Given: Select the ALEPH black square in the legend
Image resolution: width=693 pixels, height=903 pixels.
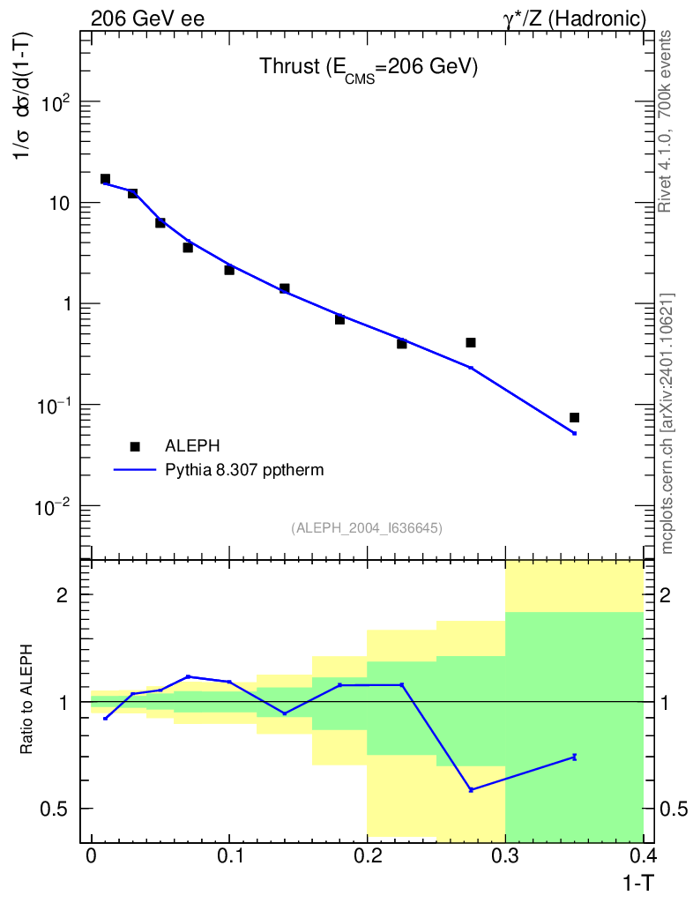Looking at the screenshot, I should (x=134, y=446).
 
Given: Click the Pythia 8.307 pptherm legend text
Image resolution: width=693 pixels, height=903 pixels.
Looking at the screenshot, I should (x=244, y=470).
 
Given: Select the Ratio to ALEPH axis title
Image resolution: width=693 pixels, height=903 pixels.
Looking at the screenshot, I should (x=27, y=701).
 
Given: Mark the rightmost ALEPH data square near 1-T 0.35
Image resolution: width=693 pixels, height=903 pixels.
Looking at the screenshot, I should (x=574, y=417).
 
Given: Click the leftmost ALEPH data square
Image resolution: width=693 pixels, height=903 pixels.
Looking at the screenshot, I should (x=105, y=179).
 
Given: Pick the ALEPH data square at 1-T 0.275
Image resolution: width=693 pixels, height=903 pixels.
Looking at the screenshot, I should (x=471, y=342).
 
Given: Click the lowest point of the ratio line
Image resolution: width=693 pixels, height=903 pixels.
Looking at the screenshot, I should (x=471, y=789).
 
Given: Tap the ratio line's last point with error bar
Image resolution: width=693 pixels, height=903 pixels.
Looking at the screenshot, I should (x=574, y=757).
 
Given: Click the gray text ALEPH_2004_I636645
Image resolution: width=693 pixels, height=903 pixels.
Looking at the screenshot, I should (x=367, y=527).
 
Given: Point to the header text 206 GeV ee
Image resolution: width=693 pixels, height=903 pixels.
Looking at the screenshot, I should (x=147, y=18).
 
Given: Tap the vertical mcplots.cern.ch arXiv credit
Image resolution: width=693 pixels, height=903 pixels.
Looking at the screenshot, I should (x=667, y=423).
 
